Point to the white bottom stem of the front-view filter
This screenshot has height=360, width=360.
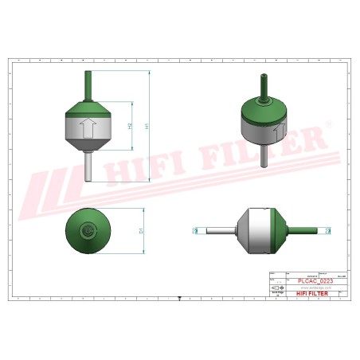point(88,168)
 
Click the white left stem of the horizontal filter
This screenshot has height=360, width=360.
point(221,232)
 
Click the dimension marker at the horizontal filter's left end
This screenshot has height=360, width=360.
point(195,232)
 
